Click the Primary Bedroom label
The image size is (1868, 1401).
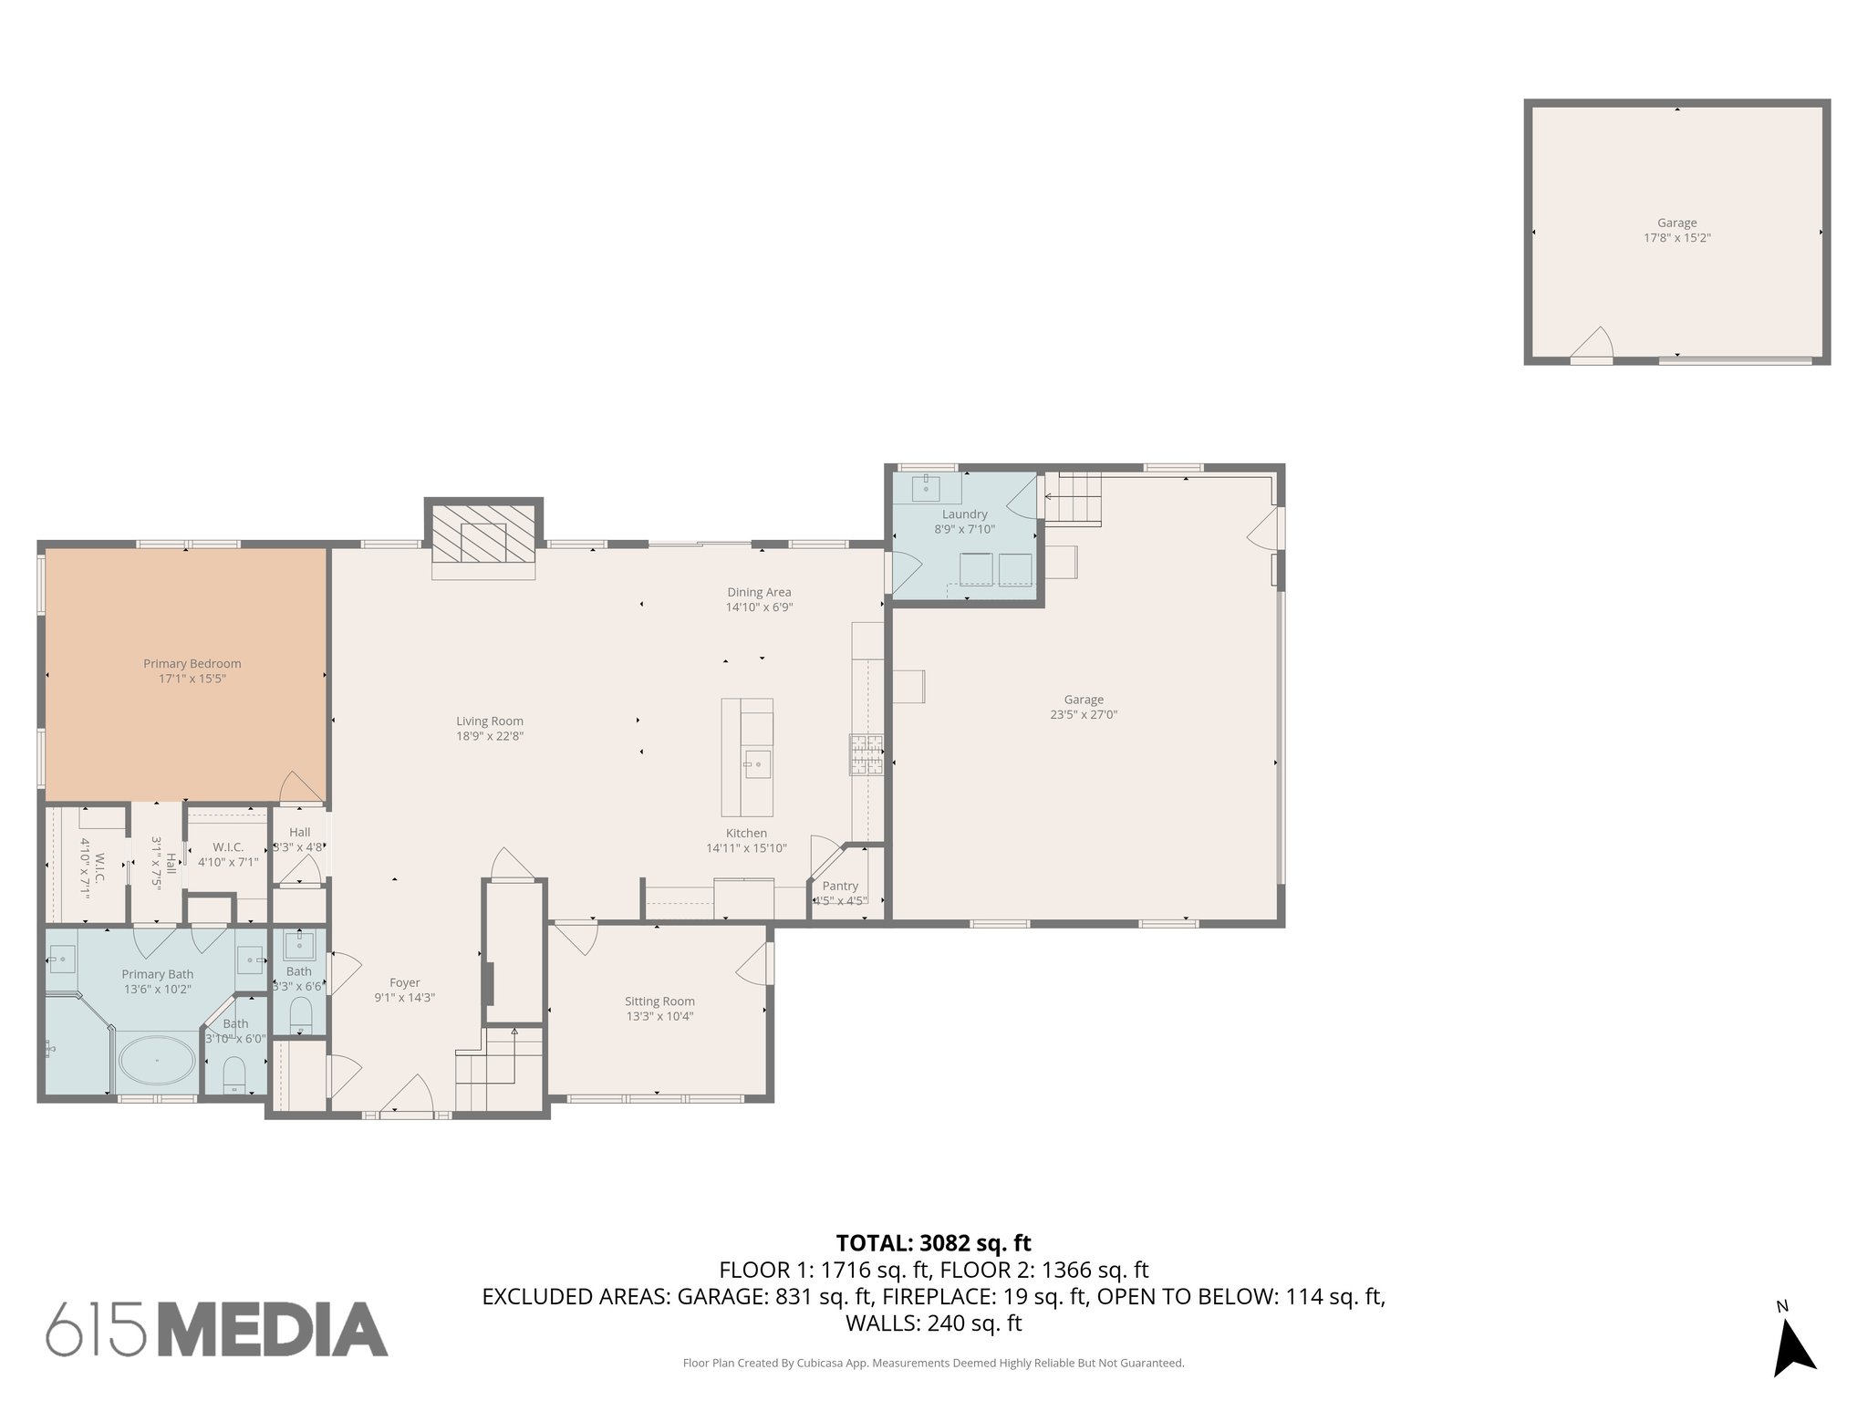192,664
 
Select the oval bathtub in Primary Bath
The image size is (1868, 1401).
157,1061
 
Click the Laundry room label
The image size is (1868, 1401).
964,514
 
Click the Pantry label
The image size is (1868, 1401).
840,886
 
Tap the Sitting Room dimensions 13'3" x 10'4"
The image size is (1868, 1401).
659,1016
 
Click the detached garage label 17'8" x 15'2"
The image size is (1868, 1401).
1676,237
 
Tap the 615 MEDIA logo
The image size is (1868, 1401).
217,1329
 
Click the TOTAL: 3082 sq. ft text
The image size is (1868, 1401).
933,1242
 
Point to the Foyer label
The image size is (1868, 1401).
404,982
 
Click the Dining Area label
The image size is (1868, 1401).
759,592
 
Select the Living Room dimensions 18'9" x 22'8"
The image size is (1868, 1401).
490,736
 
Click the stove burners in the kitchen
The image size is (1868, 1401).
867,755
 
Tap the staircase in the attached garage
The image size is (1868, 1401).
1073,499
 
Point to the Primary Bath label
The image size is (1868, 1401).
157,974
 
